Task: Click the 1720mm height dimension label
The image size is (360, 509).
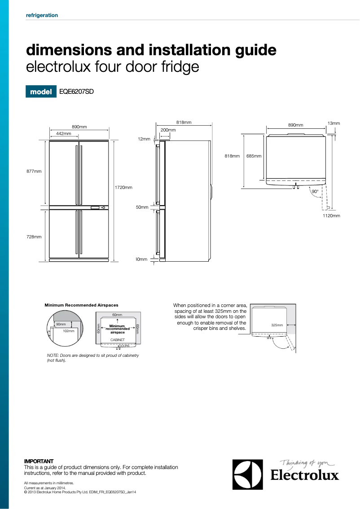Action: (x=123, y=187)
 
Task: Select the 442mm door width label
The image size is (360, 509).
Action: (x=64, y=134)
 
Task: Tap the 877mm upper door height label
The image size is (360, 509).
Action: (x=34, y=171)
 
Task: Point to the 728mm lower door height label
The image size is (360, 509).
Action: (x=34, y=237)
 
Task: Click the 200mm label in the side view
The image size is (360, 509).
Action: (x=168, y=130)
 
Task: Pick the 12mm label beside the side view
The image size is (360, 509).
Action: (x=144, y=139)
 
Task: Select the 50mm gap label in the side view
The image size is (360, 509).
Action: (x=142, y=207)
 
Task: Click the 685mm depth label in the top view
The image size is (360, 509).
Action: (x=254, y=156)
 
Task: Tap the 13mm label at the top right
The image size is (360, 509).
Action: (x=334, y=123)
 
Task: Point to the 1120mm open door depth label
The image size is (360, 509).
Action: (x=331, y=216)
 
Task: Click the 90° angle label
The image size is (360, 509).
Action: (x=315, y=191)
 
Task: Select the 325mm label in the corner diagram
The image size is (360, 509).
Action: (x=277, y=325)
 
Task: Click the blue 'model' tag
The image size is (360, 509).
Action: (x=41, y=92)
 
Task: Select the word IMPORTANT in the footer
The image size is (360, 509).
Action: (x=39, y=461)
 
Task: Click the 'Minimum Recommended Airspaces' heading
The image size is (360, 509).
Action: (x=81, y=305)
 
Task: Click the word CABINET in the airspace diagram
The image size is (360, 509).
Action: (x=117, y=340)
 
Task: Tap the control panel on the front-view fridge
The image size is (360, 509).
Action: (x=98, y=207)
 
